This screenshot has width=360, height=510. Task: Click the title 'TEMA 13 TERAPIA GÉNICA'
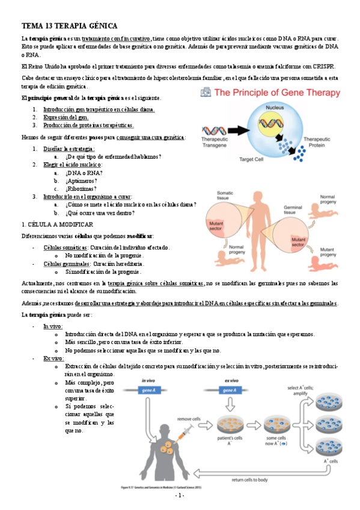(69, 26)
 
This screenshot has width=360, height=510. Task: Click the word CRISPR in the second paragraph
(323, 67)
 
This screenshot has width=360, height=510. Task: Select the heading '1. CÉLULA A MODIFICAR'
(57, 224)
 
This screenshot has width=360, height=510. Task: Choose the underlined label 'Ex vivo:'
(53, 358)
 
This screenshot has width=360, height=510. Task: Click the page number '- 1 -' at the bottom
(180, 496)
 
